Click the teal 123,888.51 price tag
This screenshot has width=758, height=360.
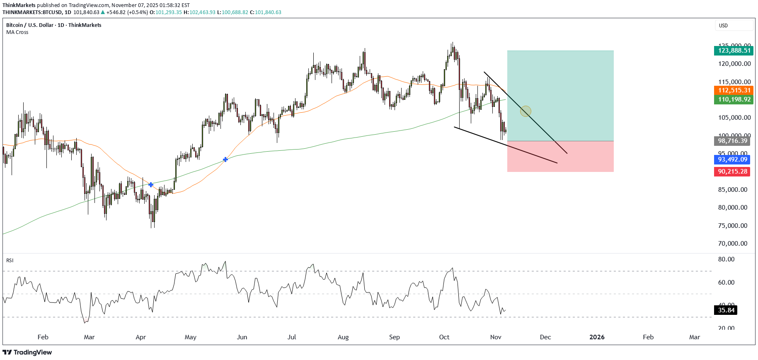734,51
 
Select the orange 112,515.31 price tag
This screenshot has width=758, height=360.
734,90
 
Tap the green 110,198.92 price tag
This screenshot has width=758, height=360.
734,99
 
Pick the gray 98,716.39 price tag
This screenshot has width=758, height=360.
732,141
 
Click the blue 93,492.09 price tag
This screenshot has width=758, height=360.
732,159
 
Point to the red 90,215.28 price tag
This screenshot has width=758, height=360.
732,172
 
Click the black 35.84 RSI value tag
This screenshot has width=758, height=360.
726,310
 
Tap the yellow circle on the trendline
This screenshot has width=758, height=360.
526,111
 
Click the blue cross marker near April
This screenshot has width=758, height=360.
151,184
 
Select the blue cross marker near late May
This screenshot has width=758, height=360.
225,159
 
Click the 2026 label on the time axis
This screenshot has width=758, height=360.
597,337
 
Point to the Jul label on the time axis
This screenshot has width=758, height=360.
292,337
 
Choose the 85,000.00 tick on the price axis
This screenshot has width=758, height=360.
733,190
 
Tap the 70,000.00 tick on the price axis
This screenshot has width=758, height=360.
733,244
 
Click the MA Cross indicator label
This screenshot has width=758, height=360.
17,32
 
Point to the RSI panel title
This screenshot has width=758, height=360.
10,261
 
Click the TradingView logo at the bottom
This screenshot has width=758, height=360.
28,353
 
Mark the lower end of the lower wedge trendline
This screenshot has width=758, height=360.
557,163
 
